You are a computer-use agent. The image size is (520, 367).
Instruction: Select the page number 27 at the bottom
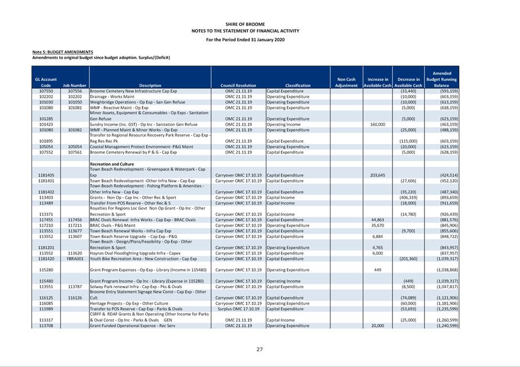(260, 349)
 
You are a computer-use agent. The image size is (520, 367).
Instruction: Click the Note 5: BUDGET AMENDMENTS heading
(62, 52)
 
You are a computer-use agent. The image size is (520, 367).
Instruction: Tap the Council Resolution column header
(238, 85)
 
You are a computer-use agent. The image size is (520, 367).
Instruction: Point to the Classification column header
(297, 85)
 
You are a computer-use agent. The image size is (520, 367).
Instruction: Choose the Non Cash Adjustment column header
(346, 83)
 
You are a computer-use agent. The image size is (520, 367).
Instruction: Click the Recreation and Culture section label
(112, 164)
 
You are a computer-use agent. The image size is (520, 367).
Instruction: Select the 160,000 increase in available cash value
(377, 124)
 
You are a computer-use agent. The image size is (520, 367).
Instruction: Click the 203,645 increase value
(377, 175)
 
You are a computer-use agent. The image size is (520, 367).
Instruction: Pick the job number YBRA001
(75, 259)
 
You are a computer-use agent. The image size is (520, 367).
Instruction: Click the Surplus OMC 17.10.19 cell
(238, 309)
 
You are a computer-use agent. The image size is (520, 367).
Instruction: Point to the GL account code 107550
(46, 91)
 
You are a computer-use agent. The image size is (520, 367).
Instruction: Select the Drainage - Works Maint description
(113, 97)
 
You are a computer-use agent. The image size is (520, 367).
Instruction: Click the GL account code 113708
(46, 325)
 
